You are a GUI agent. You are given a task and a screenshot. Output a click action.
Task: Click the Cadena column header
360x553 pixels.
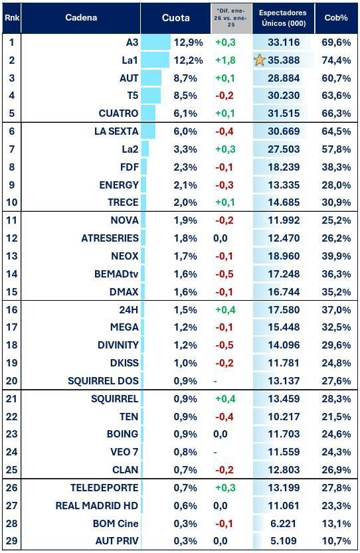coord(80,18)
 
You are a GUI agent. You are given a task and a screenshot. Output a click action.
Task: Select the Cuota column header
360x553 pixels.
coord(175,18)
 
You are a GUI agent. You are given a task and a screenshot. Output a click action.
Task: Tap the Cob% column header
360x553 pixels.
coord(336,18)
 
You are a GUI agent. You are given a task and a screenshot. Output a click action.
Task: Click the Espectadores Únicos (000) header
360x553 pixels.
coord(283,18)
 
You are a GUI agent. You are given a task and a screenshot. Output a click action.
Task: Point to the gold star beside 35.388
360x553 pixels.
coord(260,60)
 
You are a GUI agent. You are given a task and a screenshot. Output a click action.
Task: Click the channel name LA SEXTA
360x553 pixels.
coord(116,131)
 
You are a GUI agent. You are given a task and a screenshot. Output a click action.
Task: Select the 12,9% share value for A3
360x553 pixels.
coord(188,42)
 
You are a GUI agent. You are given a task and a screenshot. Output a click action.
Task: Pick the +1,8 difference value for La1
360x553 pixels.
coord(226,60)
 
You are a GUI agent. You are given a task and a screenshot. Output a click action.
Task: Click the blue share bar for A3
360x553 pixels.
coord(155,42)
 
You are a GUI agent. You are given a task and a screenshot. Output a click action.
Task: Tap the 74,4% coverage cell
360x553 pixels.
coord(337,60)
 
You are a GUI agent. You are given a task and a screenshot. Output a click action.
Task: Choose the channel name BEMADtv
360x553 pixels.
coord(116,274)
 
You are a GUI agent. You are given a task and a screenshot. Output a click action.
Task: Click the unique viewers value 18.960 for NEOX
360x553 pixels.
coord(283,256)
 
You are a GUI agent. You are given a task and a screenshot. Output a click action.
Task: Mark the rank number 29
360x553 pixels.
coord(11,540)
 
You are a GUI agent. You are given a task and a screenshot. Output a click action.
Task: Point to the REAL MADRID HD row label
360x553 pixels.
coord(97,505)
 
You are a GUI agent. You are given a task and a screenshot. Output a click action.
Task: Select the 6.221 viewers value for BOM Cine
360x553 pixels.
coord(283,523)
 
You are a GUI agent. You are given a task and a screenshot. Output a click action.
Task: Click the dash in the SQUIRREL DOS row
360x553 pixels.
coord(215,381)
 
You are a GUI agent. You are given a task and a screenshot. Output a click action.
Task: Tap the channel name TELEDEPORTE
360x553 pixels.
coord(104,487)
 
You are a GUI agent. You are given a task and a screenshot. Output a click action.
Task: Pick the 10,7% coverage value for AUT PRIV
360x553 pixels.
coord(337,540)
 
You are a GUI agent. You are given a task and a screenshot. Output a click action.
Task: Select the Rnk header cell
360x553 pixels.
coord(11,18)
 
